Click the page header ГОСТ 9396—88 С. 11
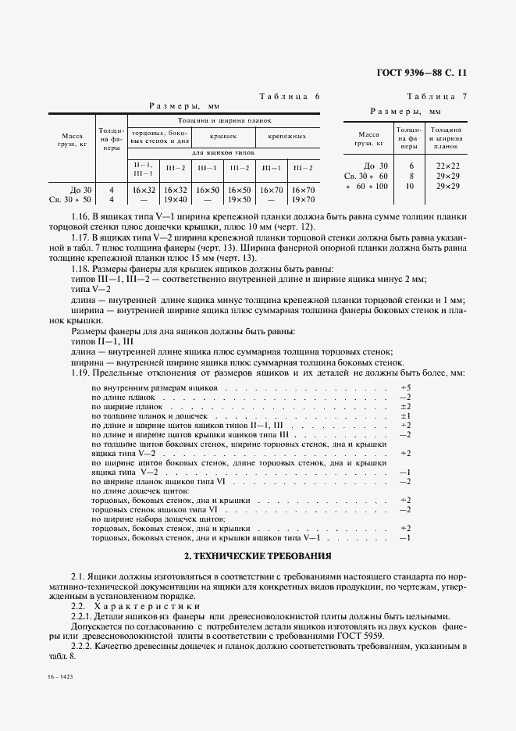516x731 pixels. point(422,73)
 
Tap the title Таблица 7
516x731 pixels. point(436,96)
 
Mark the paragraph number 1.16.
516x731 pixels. point(81,216)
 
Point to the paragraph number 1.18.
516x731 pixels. point(81,268)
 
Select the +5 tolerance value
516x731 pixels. point(405,387)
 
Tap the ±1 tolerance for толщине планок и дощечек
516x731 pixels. point(405,416)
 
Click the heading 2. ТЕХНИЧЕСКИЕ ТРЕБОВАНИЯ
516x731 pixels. point(258,556)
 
